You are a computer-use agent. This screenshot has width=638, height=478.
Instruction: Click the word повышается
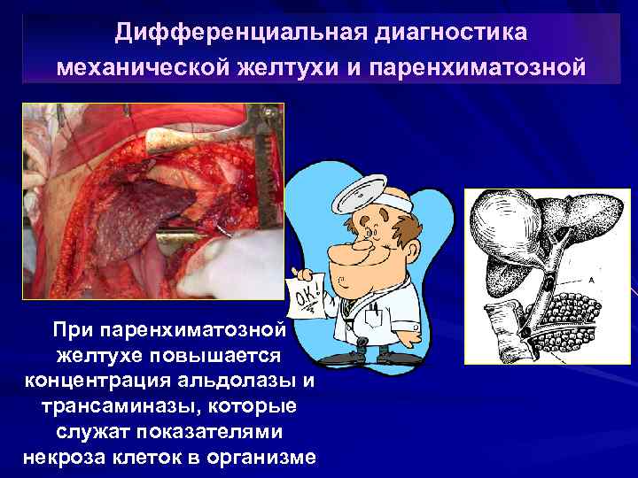pos(216,355)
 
